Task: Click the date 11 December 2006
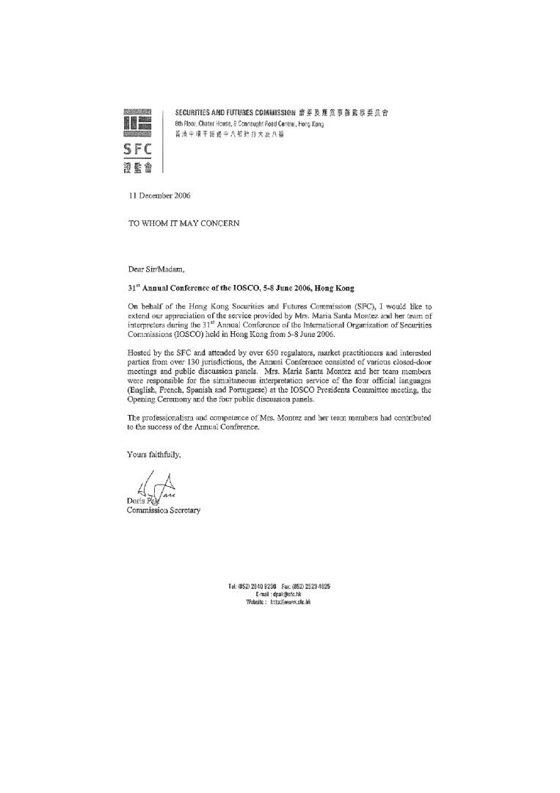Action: pos(160,195)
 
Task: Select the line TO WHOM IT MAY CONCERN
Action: pos(184,223)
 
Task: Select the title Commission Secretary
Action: pos(164,510)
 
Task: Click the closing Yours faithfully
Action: pos(153,455)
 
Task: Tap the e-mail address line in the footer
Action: pos(279,594)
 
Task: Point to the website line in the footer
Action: pos(279,601)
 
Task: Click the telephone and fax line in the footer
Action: pos(279,587)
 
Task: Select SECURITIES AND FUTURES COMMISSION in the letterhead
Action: pos(235,113)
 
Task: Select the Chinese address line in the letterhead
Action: pos(229,135)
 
